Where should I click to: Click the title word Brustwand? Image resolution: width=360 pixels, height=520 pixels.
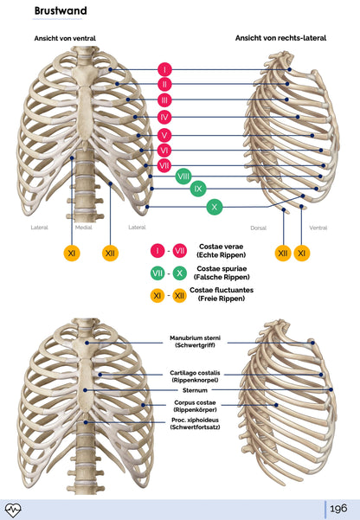point(57,11)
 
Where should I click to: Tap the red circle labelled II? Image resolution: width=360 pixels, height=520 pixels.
point(164,84)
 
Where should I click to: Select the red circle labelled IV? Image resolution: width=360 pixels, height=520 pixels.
point(164,117)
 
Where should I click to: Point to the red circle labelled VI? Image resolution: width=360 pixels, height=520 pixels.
point(164,151)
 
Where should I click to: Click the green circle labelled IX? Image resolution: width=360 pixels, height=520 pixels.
point(198,188)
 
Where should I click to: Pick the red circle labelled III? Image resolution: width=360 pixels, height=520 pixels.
point(164,100)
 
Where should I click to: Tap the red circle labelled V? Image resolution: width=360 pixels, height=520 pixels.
point(164,135)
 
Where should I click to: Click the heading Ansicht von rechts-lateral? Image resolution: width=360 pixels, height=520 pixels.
point(280,38)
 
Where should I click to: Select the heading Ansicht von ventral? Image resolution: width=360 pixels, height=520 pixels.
point(65,39)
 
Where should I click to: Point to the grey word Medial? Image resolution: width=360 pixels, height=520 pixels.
point(84,228)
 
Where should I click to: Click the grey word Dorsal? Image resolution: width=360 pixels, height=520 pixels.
point(258,228)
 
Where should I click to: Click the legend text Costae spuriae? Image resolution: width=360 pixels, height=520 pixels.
point(220,268)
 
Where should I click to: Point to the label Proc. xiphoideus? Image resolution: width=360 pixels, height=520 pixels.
point(194,420)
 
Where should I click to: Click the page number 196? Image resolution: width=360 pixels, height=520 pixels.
point(337,508)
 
